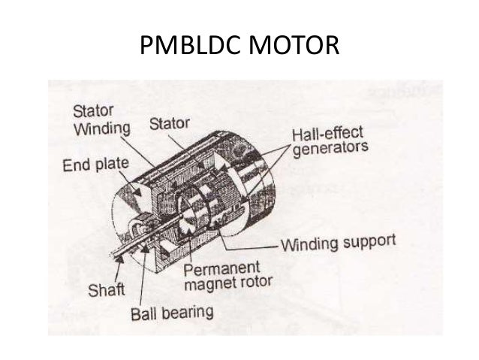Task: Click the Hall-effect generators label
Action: pos(330,141)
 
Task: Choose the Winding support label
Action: pos(337,244)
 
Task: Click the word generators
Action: pos(330,149)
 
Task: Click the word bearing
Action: pos(188,311)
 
